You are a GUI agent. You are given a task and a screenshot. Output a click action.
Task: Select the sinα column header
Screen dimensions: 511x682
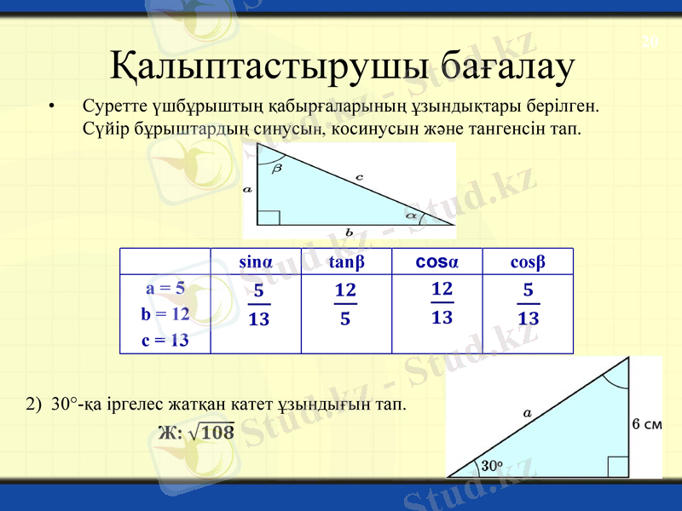click(256, 261)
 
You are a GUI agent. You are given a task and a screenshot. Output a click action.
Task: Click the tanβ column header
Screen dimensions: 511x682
click(346, 261)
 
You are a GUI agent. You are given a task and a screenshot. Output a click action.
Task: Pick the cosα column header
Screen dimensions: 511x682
click(436, 261)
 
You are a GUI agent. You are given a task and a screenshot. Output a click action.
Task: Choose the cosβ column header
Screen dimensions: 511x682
click(528, 261)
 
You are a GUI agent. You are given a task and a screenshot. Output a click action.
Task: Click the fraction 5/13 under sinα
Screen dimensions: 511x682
click(258, 306)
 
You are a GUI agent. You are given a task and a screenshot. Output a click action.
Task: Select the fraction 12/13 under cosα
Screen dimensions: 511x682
click(442, 303)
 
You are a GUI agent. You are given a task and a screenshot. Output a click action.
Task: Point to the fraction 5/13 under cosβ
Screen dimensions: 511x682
click(529, 306)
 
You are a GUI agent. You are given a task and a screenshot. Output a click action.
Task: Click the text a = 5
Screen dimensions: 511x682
click(165, 288)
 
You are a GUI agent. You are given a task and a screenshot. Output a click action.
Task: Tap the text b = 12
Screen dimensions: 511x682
click(165, 313)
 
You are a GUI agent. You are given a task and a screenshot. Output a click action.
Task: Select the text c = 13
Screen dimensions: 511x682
click(165, 340)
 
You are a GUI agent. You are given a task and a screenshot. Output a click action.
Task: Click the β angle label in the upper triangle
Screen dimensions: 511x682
click(277, 169)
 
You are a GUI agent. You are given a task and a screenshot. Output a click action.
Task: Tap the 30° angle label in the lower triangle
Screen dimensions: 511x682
click(491, 466)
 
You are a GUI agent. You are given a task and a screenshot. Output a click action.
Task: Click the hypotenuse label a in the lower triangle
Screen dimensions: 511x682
click(528, 412)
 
